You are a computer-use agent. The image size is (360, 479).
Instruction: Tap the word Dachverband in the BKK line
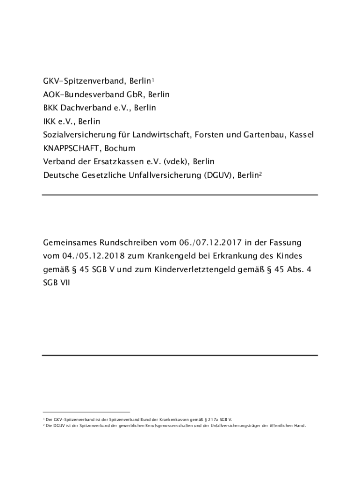pos(86,108)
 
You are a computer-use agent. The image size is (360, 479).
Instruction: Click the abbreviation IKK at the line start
pos(50,122)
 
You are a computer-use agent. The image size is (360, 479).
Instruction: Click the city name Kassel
pos(302,135)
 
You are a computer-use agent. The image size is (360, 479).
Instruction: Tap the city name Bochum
pos(120,149)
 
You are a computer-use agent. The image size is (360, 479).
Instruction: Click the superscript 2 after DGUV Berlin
pos(260,174)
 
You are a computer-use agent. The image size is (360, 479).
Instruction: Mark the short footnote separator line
pos(86,412)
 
